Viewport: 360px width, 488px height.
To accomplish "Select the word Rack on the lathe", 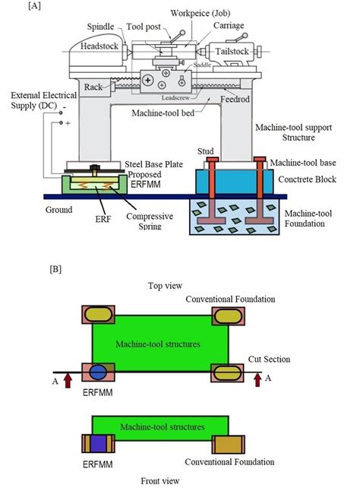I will pyautogui.click(x=93, y=87).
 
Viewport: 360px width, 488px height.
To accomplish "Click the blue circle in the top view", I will pyautogui.click(x=99, y=372).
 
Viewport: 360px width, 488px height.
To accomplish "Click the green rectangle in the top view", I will pyautogui.click(x=160, y=346).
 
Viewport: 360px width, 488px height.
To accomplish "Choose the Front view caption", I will pyautogui.click(x=160, y=480).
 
